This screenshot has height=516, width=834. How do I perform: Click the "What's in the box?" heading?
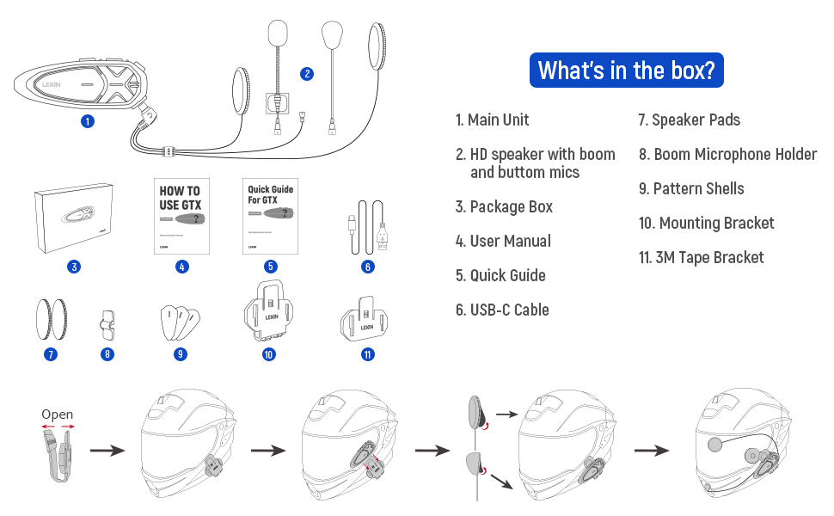pyautogui.click(x=626, y=70)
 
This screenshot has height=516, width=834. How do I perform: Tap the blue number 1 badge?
pyautogui.click(x=87, y=121)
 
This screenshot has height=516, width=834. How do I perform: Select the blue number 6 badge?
pyautogui.click(x=368, y=267)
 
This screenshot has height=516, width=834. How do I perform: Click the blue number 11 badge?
pyautogui.click(x=368, y=353)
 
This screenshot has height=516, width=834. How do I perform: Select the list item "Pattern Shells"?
pyautogui.click(x=699, y=188)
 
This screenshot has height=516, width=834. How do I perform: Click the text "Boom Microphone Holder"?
pyautogui.click(x=735, y=154)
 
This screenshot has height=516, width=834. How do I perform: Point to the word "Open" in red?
pyautogui.click(x=58, y=415)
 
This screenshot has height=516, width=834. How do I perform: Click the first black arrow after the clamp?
pyautogui.click(x=108, y=450)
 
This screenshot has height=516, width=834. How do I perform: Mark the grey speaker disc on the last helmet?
pyautogui.click(x=714, y=445)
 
